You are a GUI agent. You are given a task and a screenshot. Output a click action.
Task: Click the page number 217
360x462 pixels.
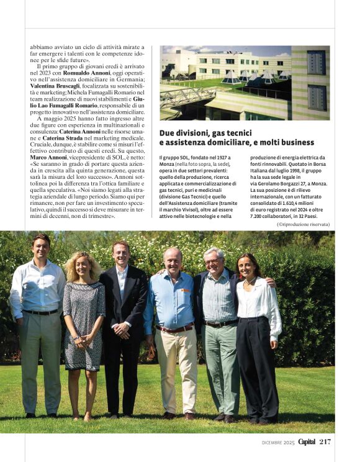tap(325, 442)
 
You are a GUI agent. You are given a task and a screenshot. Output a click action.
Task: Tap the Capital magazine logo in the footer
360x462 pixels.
tap(307, 442)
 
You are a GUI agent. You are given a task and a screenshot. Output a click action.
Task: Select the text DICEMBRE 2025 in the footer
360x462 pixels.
tap(277, 442)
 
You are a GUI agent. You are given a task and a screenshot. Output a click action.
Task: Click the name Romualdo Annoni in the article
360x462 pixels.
tap(88, 73)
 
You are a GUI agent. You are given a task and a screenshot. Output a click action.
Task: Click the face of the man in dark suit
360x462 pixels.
tap(122, 255)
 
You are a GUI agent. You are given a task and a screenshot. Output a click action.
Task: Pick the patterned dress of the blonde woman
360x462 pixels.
tap(84, 323)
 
